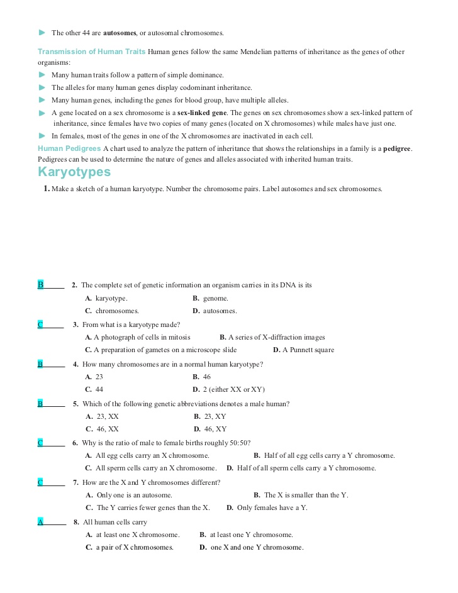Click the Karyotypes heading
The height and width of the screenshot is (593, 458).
click(x=74, y=172)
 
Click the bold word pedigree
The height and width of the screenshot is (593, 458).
click(x=397, y=148)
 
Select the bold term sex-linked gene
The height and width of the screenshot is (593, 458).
click(x=202, y=113)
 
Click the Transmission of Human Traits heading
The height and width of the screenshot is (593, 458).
click(x=91, y=52)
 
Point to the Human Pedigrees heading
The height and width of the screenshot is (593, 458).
click(x=69, y=148)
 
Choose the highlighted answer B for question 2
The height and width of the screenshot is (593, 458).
click(x=40, y=285)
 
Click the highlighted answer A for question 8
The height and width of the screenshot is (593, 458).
click(x=40, y=522)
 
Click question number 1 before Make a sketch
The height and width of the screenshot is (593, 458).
click(x=47, y=189)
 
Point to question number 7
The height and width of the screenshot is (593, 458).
click(x=75, y=482)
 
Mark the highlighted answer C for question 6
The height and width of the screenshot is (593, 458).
click(x=40, y=443)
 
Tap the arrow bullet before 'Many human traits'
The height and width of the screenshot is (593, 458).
click(x=42, y=75)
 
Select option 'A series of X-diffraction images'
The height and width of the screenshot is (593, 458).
click(x=272, y=338)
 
